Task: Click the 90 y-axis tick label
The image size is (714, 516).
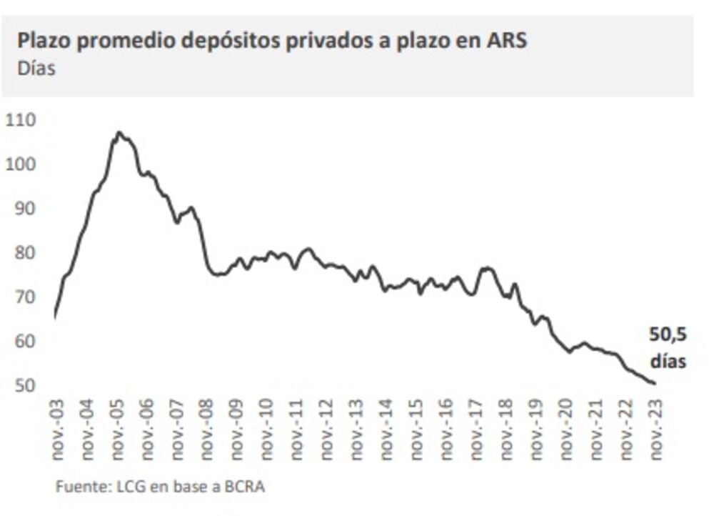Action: coord(23,208)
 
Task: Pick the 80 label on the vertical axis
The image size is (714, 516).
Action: coord(23,252)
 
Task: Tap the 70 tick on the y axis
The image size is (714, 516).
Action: coord(23,297)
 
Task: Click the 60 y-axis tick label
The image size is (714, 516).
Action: coord(23,341)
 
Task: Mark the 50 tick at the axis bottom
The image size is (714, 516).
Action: coord(23,385)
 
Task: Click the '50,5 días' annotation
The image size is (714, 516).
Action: coord(668,347)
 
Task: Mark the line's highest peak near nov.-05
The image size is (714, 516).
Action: coord(119,132)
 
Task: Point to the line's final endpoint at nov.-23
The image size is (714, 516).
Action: coord(655,384)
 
